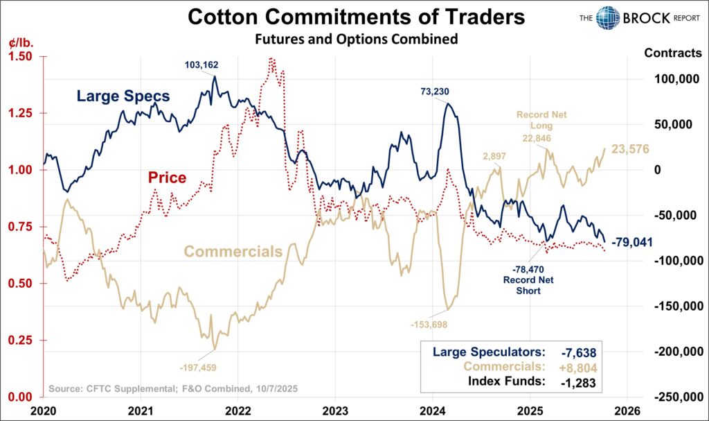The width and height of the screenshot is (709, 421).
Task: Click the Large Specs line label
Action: (123, 96)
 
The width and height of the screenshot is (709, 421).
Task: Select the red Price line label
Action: (167, 178)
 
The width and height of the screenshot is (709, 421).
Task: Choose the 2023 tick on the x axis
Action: (334, 409)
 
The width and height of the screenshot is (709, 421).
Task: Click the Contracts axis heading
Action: (672, 53)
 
